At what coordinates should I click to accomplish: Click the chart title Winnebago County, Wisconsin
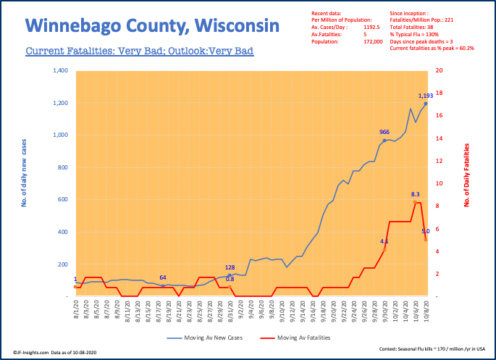pos(152,27)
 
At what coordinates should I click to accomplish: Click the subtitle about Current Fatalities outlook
pos(139,52)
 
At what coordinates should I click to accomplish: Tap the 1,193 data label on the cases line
pos(426,96)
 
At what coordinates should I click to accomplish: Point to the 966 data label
pos(385,132)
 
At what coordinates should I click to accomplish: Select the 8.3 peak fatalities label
pos(416,194)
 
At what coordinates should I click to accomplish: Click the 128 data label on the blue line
pos(230,267)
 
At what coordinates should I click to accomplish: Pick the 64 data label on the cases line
pos(164,277)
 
